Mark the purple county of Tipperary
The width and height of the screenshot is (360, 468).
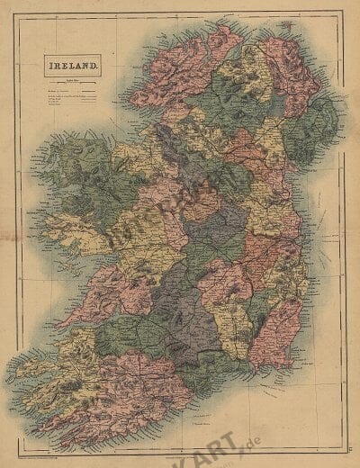point(184,306)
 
